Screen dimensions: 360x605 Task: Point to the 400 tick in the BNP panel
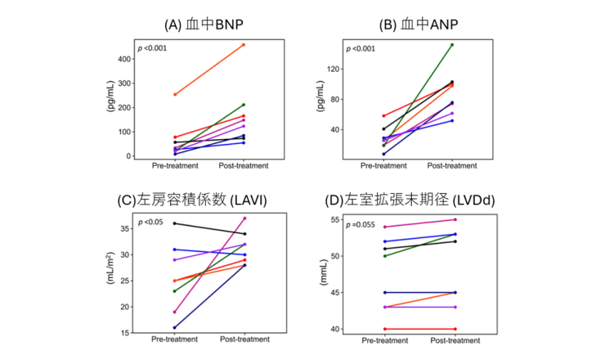point(123,59)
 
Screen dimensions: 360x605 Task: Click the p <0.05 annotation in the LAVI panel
point(151,223)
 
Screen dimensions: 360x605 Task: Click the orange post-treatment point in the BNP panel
point(244,44)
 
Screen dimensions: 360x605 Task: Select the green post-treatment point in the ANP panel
point(452,44)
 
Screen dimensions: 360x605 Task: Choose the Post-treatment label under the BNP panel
point(244,165)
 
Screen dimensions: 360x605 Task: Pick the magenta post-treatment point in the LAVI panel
point(244,218)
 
